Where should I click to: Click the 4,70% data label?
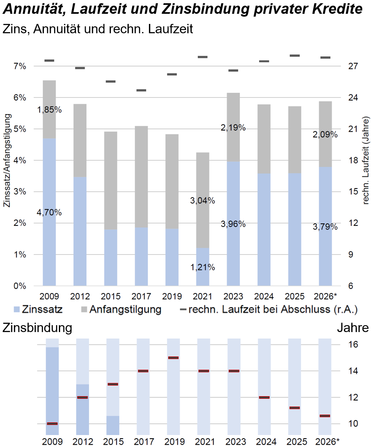(49, 212)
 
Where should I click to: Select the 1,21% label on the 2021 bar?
(203, 268)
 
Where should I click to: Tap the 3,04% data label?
(203, 201)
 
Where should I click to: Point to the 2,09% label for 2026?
(325, 135)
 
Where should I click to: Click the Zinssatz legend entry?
(38, 309)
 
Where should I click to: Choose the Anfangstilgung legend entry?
(121, 309)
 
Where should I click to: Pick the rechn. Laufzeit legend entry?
(269, 309)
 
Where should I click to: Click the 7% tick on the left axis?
(20, 66)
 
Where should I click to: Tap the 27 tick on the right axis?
(353, 66)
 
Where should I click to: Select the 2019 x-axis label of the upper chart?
(172, 296)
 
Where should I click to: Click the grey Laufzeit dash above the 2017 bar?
(141, 90)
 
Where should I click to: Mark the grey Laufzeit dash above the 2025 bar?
(295, 56)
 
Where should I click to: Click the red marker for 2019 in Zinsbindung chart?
(173, 358)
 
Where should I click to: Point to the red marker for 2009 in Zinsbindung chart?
(52, 423)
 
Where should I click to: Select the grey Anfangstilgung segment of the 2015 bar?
(111, 180)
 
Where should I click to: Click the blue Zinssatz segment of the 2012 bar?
(80, 231)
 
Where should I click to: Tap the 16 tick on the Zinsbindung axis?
(353, 345)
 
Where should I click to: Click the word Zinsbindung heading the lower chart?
(37, 328)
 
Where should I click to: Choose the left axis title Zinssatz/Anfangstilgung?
(7, 161)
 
